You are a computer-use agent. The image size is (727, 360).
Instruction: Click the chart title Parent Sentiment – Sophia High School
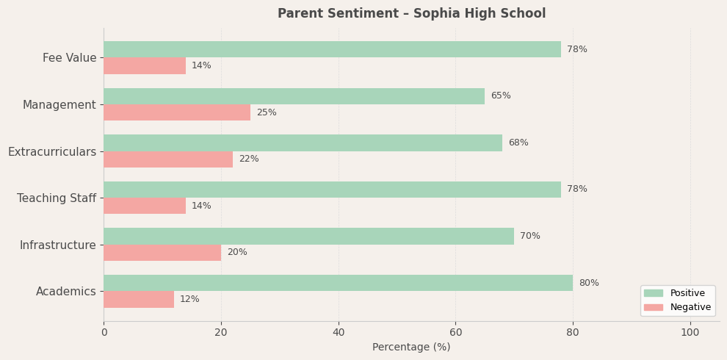411,14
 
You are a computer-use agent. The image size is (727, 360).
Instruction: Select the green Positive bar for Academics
338,283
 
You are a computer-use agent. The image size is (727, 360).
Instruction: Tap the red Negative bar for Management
177,112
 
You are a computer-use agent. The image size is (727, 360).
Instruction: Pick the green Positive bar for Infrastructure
308,236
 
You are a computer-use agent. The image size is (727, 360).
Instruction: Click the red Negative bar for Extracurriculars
168,159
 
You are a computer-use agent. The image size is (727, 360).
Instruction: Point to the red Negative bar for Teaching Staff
145,206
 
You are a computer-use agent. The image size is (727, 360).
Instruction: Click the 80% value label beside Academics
589,283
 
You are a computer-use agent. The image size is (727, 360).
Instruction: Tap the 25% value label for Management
267,112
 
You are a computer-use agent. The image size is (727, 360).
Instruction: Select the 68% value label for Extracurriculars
518,143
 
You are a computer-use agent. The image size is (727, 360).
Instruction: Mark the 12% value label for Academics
189,299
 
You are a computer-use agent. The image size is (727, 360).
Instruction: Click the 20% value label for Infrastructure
237,253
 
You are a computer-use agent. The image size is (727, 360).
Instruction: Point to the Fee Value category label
69,58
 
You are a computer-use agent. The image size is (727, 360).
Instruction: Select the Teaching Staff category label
57,198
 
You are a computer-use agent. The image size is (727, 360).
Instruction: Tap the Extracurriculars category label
52,151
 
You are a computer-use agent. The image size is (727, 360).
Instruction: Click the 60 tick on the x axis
455,333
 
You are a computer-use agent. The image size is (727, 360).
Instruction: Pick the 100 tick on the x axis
690,333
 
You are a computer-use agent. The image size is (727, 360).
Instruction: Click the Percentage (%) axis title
411,348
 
